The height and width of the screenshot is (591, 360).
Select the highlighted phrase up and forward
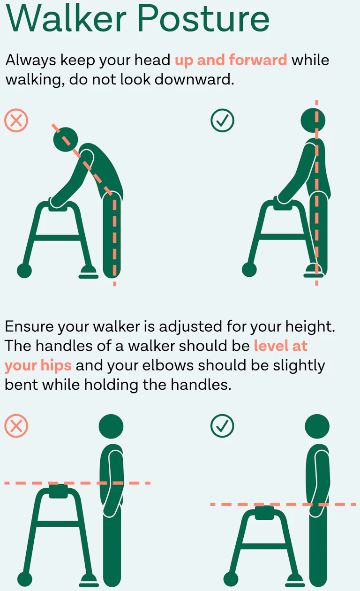click(231, 61)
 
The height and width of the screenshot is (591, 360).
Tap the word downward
click(194, 79)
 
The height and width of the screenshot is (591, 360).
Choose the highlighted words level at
click(281, 346)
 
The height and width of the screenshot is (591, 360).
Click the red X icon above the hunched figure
click(16, 121)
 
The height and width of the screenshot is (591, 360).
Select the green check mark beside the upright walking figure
click(222, 121)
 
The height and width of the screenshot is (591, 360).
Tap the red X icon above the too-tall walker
click(16, 426)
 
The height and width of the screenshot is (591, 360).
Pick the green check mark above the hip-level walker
click(222, 426)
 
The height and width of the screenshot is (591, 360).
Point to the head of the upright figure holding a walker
click(313, 121)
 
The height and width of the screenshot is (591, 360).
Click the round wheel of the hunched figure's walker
click(24, 271)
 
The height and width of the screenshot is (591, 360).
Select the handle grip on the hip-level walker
click(265, 513)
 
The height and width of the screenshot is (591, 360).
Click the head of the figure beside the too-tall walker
click(111, 427)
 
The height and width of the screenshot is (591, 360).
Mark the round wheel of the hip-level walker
click(231, 579)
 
